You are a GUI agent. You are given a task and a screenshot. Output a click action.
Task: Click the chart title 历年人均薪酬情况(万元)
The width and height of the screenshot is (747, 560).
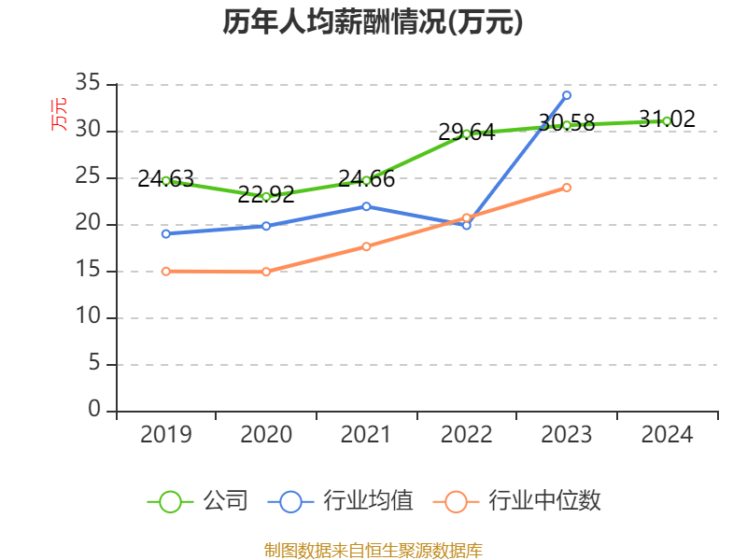(x=373, y=22)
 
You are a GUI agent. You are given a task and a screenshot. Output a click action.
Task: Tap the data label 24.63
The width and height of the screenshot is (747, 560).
(x=165, y=178)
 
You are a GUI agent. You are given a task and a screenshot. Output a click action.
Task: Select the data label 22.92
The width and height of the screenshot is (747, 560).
(x=266, y=194)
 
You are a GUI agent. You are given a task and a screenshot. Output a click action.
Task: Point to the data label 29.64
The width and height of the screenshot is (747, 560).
(x=466, y=133)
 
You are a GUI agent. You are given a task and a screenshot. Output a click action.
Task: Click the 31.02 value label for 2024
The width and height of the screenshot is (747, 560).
(x=667, y=119)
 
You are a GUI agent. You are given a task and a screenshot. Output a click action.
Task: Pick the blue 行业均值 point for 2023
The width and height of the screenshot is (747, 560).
(x=567, y=95)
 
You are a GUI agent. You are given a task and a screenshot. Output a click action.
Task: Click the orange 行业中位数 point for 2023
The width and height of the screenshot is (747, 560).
(x=567, y=188)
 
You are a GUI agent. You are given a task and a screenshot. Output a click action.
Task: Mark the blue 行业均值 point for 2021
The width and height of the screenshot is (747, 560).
(x=366, y=206)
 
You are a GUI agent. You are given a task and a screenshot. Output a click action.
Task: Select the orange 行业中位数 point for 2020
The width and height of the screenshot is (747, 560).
(x=266, y=272)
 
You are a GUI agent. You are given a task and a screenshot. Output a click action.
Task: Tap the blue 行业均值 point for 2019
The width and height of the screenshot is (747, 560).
(x=165, y=233)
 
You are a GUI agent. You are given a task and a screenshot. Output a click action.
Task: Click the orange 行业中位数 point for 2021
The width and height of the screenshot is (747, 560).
(x=366, y=246)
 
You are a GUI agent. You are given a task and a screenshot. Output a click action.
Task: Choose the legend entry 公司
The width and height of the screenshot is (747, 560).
(x=198, y=501)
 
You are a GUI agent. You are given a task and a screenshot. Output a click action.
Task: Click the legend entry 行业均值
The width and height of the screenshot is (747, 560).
(x=341, y=501)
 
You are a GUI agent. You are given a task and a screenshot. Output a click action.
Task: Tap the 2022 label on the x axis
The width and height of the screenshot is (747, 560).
(x=466, y=435)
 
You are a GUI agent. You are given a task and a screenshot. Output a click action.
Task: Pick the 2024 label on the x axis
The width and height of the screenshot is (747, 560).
(x=667, y=435)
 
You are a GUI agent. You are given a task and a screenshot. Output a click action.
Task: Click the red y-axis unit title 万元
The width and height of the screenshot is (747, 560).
(x=59, y=114)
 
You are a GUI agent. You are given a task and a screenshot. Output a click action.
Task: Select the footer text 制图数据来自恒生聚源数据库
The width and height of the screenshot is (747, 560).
(x=373, y=550)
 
